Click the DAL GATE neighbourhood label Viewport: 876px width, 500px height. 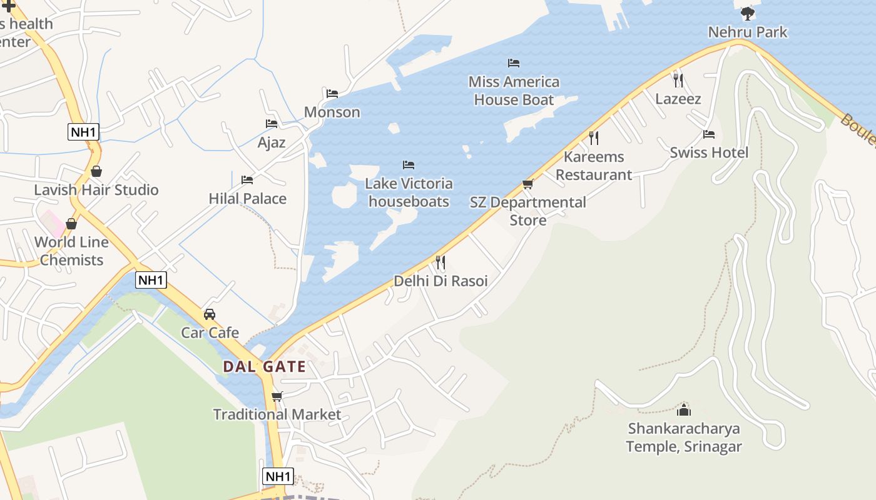(x=265, y=367)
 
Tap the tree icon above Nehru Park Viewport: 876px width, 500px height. (x=747, y=13)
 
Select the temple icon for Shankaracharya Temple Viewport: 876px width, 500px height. (x=684, y=410)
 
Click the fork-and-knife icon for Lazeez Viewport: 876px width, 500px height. (x=678, y=80)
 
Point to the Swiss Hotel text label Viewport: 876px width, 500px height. (x=709, y=153)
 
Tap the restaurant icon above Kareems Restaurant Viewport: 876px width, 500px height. (x=594, y=137)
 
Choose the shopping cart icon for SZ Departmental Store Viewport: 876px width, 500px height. (x=527, y=184)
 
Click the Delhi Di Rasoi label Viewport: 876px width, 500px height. (x=441, y=281)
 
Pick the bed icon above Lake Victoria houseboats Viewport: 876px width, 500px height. (x=409, y=165)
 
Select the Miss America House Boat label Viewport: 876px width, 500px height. (x=514, y=91)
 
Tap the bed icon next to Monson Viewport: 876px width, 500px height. (x=332, y=94)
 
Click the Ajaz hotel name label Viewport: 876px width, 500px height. (x=272, y=142)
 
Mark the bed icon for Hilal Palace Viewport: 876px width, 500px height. (x=247, y=180)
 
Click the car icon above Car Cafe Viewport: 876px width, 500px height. (x=210, y=314)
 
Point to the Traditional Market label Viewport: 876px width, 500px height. (x=277, y=414)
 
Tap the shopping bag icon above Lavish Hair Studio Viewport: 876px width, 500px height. (x=96, y=171)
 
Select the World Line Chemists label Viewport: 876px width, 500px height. (x=71, y=251)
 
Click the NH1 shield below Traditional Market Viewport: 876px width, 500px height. (x=278, y=476)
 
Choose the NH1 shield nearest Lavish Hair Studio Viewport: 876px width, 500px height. (x=84, y=132)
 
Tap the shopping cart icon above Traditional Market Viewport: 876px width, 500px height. (x=277, y=396)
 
